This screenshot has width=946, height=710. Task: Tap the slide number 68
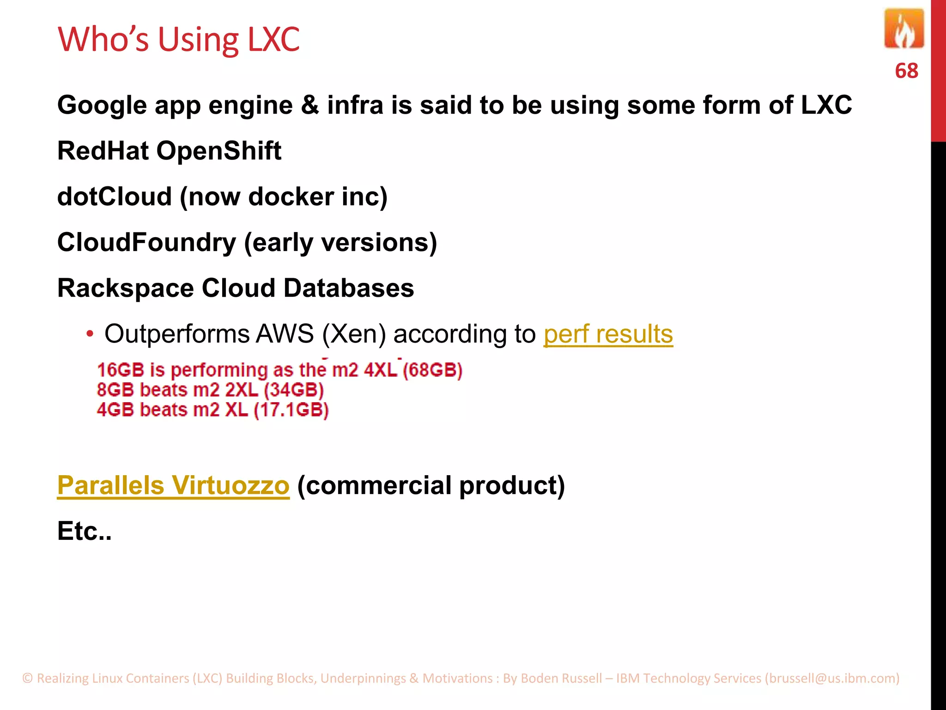(x=906, y=71)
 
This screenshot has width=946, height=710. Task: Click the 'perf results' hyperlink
(x=608, y=334)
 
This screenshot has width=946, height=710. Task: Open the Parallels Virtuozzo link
(x=173, y=485)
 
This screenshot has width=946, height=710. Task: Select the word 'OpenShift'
(x=218, y=151)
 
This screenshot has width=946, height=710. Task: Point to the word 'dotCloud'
(x=114, y=196)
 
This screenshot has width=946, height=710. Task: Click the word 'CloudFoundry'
(x=146, y=242)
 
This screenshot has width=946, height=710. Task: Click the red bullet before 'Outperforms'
(x=90, y=334)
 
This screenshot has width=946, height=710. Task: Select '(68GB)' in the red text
(x=432, y=370)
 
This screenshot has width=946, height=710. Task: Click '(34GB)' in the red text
(x=294, y=390)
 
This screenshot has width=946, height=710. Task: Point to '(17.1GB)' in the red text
(x=291, y=410)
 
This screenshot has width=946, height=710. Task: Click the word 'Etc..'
(x=85, y=531)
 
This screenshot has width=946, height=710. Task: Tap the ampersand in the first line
(x=309, y=105)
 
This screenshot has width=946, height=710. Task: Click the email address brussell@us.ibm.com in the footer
(x=832, y=678)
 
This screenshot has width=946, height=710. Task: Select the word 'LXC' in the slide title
(x=273, y=39)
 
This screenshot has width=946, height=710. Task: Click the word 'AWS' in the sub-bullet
(x=285, y=334)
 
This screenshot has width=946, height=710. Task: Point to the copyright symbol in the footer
(x=28, y=678)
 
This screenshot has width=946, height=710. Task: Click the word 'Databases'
(x=348, y=288)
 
